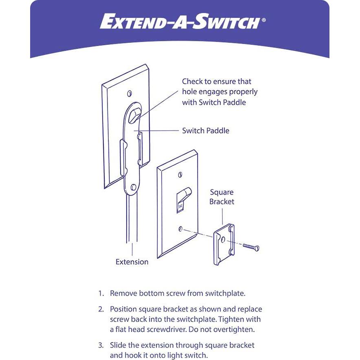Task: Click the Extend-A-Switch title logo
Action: coord(180,22)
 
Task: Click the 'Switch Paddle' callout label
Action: coord(206,131)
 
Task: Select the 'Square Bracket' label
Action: coord(222,197)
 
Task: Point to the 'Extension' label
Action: coord(132,262)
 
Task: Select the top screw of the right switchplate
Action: coord(180,175)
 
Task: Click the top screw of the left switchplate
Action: coord(130,93)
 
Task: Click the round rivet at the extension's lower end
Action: coord(133,187)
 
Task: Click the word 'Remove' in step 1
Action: coord(123,293)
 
